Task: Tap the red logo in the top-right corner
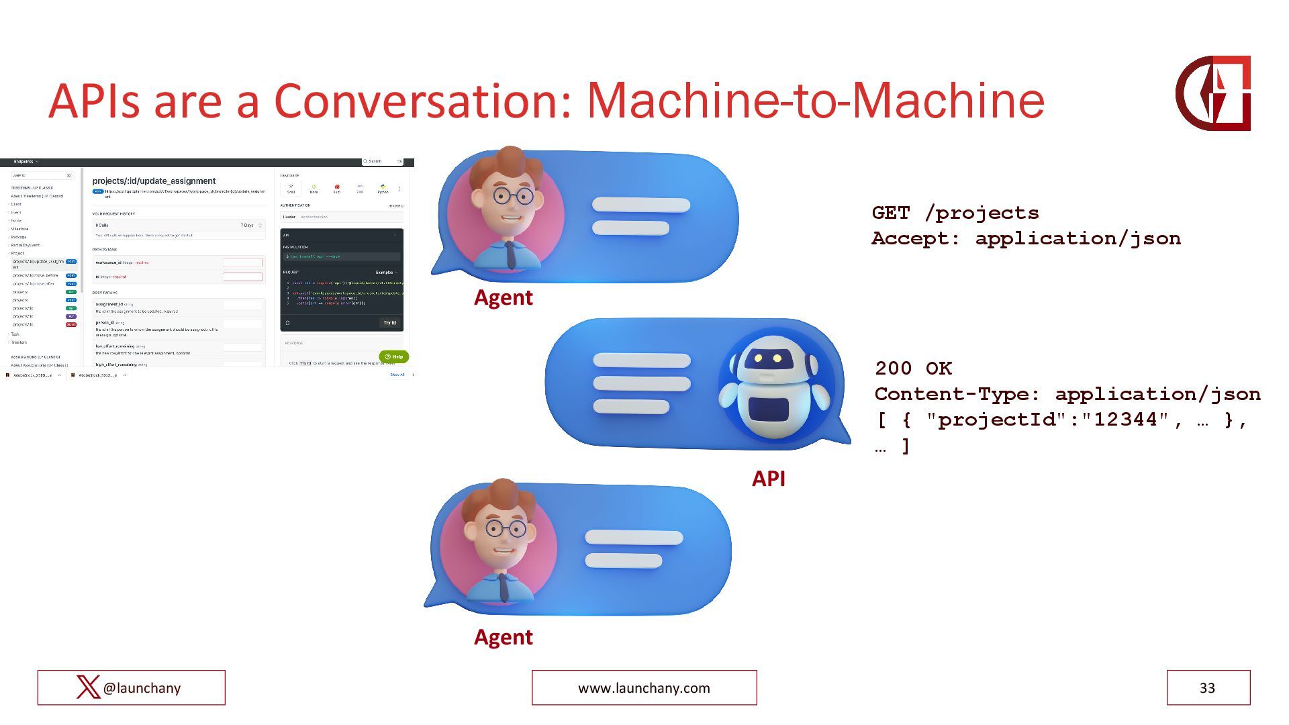1212,93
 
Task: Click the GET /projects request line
955,213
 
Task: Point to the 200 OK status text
913,368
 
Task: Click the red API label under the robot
768,479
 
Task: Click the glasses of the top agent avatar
512,196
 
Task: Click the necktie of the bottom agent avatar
504,586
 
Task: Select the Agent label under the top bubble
503,297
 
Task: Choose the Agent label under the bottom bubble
503,637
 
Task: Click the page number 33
1207,687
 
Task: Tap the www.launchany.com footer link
644,687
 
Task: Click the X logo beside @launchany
88,687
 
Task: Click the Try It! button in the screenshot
389,323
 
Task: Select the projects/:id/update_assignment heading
154,181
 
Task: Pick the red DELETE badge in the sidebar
71,324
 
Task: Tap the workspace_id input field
242,262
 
